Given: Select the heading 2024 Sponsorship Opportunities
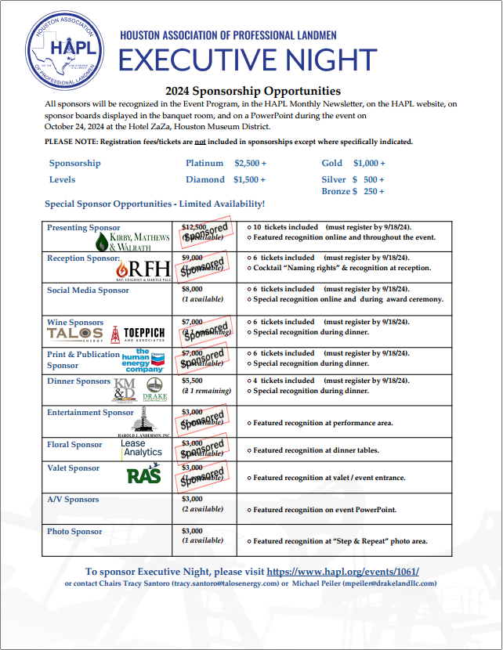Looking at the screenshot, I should [253, 91].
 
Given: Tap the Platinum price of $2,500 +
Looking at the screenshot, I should [250, 163].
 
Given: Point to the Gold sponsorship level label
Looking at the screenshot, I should [332, 163].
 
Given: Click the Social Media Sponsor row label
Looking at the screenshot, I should [88, 291].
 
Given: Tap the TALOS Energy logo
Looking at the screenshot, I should [74, 334].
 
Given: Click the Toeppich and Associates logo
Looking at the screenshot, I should [139, 334].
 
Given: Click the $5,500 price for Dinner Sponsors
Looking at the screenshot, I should [192, 381].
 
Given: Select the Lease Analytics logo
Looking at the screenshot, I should [142, 448].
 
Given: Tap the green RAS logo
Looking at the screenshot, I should [144, 475].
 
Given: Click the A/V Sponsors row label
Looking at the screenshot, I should [73, 500].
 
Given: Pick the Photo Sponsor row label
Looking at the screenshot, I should [74, 532].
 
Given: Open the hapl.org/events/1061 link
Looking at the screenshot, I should [342, 572].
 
